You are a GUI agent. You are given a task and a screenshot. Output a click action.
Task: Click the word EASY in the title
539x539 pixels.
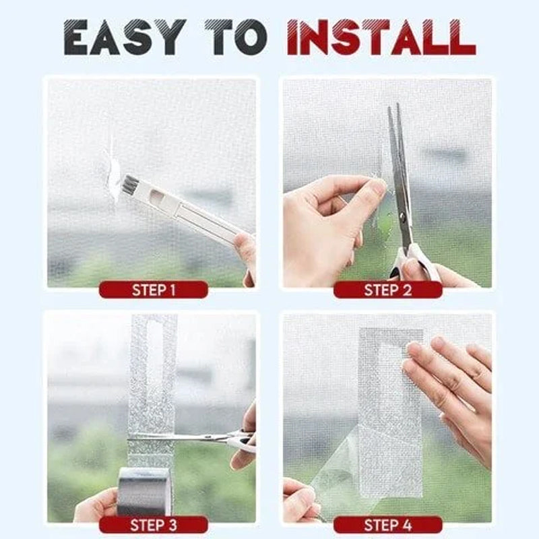125,38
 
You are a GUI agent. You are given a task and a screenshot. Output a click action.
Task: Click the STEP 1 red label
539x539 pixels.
153,290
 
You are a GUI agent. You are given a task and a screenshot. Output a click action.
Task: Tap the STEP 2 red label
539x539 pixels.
387,290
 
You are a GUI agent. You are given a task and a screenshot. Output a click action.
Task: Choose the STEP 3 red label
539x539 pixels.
153,525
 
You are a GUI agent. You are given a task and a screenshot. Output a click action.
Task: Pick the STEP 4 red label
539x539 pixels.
387,525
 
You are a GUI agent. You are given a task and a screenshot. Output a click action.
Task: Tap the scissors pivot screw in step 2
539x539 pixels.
404,217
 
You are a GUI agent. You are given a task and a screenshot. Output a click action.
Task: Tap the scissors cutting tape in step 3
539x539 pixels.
195,438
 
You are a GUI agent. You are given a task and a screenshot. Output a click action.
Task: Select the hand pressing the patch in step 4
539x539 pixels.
451,391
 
